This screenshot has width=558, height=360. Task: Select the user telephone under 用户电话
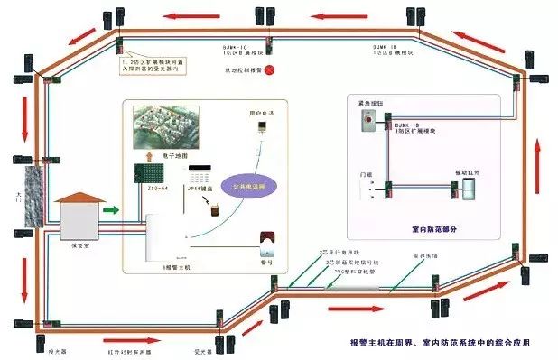(260, 134)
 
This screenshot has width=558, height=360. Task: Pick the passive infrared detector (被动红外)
(470, 188)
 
